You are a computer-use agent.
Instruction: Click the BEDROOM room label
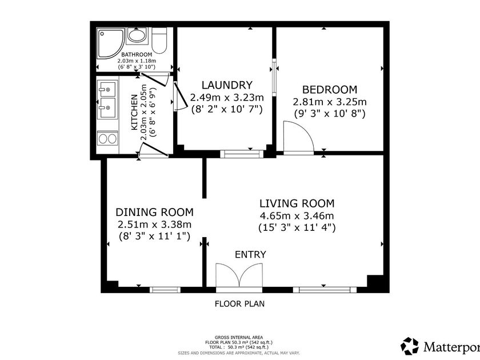pos(330,89)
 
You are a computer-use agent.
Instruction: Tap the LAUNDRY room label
pos(227,85)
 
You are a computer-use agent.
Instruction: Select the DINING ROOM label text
pos(155,212)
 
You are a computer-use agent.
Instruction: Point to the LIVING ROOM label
pos(297,203)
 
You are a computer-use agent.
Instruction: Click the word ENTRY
pos(250,254)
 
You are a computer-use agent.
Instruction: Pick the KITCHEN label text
pos(134,113)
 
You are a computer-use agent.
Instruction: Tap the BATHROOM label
pos(137,54)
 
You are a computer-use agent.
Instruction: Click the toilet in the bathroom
pos(159,41)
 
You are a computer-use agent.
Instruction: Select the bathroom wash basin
pos(137,35)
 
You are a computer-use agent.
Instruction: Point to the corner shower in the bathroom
pos(110,43)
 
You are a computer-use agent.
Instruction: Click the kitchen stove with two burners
pos(107,139)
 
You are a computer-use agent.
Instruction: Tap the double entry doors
pos(239,276)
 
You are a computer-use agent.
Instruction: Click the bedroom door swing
pos(298,136)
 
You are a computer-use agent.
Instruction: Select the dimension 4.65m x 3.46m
pos(297,216)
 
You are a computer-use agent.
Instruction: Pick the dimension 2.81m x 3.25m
pos(330,102)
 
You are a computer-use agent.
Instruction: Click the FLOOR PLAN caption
pos(239,303)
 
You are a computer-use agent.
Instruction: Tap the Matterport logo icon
pos(410,346)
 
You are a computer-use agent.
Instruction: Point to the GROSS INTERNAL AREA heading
pos(239,338)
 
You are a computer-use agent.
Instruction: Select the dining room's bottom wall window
pos(165,290)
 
